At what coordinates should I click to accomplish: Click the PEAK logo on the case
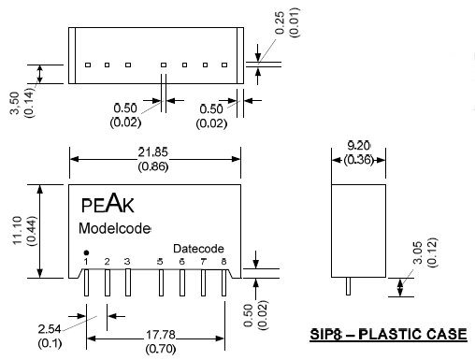click(108, 203)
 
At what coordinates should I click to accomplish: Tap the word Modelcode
click(114, 228)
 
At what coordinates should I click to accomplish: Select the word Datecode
click(198, 249)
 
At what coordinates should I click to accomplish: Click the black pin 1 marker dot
click(86, 252)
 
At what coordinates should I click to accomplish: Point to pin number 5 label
click(160, 262)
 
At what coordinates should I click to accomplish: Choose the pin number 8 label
click(223, 262)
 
